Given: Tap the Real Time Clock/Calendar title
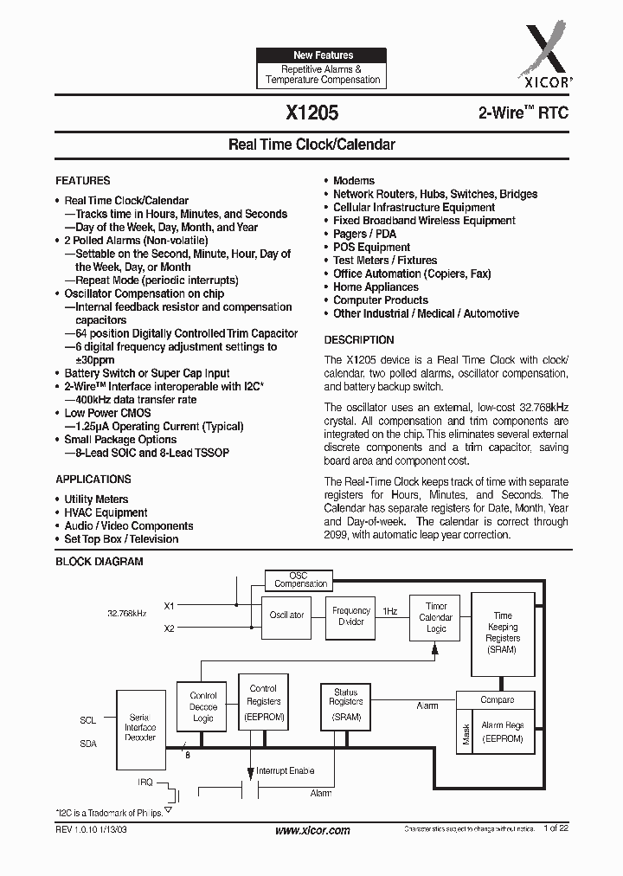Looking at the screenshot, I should click(311, 145).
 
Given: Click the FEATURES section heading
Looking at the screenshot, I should click(83, 181).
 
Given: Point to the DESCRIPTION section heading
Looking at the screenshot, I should click(359, 340).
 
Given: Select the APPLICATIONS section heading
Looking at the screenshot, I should click(93, 480).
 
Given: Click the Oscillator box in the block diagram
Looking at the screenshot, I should click(286, 615).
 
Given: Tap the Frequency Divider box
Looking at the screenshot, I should click(351, 616).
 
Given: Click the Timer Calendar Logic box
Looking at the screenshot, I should click(435, 617).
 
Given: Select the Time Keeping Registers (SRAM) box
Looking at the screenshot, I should click(503, 633).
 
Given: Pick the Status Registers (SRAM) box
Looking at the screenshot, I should click(345, 705).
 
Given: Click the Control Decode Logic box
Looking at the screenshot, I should click(203, 706).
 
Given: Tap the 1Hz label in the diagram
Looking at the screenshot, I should click(390, 610).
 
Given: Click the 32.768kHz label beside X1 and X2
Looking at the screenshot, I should click(126, 613).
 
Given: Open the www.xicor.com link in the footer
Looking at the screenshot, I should click(312, 831).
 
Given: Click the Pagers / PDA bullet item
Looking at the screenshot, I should click(364, 234).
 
